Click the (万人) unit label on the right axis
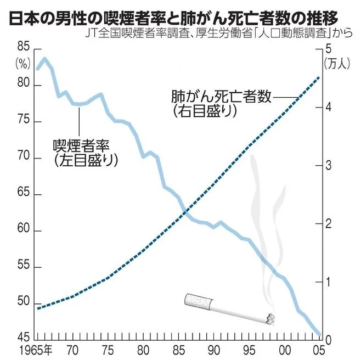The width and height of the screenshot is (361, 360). click(x=337, y=64)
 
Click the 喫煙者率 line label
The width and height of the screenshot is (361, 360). click(x=82, y=146)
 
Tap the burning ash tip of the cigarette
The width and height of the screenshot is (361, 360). click(x=270, y=318)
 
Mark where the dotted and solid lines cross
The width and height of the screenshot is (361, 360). click(x=186, y=212)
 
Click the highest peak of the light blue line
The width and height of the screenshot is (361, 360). click(x=44, y=58)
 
